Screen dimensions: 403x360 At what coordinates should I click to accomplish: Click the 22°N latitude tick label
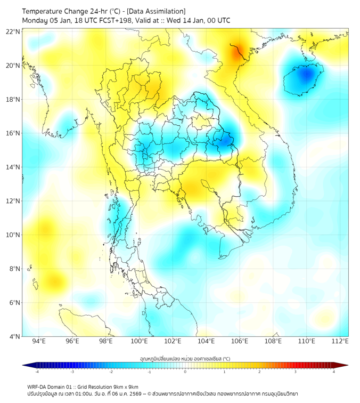tap(13, 31)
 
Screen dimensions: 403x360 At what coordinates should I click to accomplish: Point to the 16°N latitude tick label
tap(13, 133)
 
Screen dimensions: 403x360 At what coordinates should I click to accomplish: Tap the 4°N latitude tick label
tap(14, 336)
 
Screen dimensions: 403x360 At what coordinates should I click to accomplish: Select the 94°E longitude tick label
tap(39, 341)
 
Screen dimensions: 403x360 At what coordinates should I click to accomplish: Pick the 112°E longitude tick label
tap(340, 341)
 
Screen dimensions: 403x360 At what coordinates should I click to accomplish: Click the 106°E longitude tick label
tap(240, 341)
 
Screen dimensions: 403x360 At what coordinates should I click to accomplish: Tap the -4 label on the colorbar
tap(36, 372)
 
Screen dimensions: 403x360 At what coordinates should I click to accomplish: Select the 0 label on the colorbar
tap(185, 372)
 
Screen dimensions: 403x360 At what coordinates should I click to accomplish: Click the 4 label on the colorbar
tap(333, 372)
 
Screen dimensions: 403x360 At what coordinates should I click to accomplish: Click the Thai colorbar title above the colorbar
tap(185, 358)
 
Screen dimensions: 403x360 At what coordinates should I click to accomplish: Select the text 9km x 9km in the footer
tap(124, 386)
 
